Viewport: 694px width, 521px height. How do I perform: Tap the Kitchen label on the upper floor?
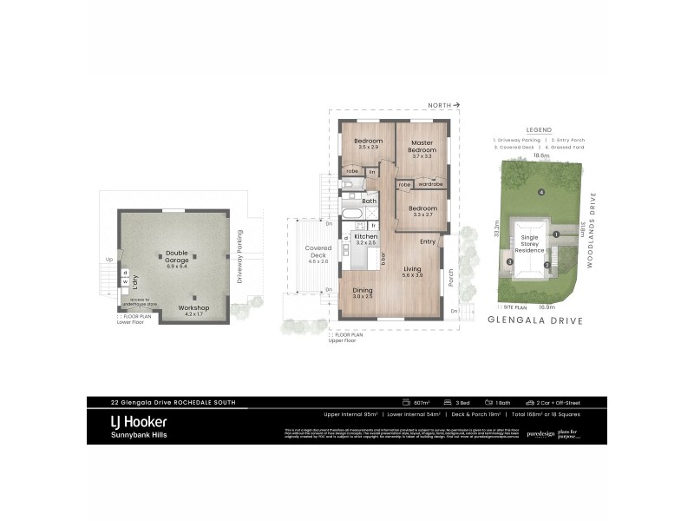365,236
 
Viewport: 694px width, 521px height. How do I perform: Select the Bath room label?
369,201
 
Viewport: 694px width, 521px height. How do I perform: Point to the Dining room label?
362,292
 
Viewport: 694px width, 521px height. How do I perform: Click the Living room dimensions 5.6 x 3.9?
412,275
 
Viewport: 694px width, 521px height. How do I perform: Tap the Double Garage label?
176,257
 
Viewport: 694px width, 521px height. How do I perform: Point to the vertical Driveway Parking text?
240,256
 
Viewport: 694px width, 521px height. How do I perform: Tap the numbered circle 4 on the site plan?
541,192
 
